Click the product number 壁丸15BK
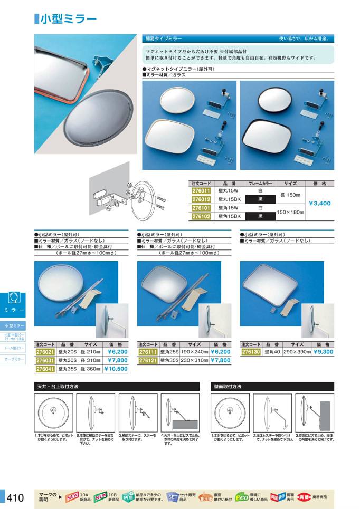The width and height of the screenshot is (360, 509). point(229,199)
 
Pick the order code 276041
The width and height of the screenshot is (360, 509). point(45,369)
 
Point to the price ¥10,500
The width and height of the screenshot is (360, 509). point(116,369)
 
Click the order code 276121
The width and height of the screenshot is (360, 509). point(148,361)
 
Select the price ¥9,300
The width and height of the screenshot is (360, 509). point(323,352)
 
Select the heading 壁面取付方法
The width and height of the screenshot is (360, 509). point(228,386)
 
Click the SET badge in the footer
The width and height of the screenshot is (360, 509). point(172,497)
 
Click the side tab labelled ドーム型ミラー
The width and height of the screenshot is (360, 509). point(14,348)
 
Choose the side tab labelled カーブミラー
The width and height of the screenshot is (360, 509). point(14,359)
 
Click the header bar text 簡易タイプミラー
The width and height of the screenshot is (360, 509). point(164,39)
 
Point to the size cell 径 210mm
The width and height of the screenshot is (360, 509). point(90,352)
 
